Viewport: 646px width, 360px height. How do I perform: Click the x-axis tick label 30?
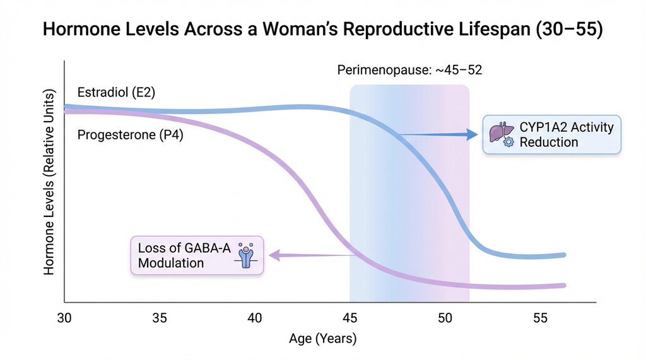(64, 318)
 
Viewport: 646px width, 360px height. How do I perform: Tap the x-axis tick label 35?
(160, 318)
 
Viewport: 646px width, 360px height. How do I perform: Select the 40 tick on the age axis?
(255, 318)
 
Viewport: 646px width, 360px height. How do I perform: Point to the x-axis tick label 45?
(350, 318)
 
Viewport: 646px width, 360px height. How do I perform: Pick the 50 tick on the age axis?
(445, 318)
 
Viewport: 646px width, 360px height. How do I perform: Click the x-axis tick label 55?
(541, 318)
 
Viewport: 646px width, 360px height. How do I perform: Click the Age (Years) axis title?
(322, 339)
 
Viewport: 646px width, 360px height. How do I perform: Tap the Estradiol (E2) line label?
(116, 93)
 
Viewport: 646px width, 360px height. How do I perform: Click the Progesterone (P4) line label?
(130, 134)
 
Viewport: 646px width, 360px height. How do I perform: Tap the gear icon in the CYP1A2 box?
(508, 143)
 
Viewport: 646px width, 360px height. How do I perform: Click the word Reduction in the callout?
(548, 142)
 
